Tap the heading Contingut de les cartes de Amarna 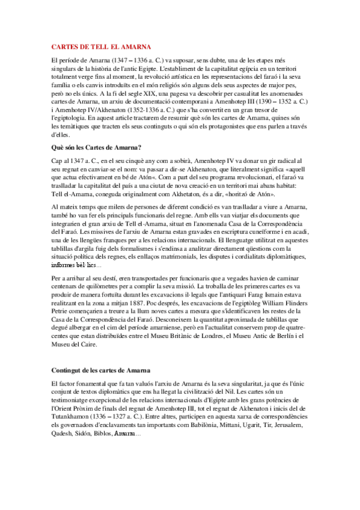(x=100, y=368)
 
